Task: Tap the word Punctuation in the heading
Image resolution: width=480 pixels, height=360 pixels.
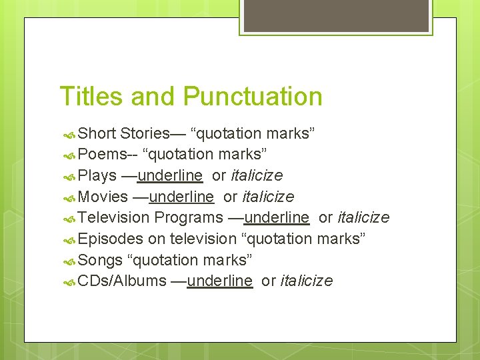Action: pos(253,96)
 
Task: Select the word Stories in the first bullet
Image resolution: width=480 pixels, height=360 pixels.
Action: pos(145,133)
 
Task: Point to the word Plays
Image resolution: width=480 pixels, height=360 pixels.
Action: pos(97,175)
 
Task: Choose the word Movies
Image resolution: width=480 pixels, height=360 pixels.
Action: pos(103,197)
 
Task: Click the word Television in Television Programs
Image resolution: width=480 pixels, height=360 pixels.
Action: pos(114,218)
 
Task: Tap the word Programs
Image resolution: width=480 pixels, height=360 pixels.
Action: pos(189,218)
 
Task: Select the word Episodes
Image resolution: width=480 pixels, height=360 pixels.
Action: pos(110,239)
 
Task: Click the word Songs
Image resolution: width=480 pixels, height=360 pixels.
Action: pos(100,260)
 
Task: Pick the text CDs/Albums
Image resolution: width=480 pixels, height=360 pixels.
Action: pos(122,281)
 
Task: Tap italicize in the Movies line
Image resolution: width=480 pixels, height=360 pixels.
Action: pos(267,197)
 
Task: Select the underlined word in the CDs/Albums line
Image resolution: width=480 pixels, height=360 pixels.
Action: pos(220,281)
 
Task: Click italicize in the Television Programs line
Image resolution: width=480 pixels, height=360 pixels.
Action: pos(363,218)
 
